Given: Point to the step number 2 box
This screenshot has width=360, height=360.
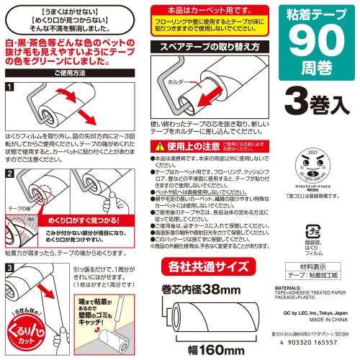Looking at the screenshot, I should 9,175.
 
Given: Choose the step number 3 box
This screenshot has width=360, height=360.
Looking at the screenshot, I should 9,266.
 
